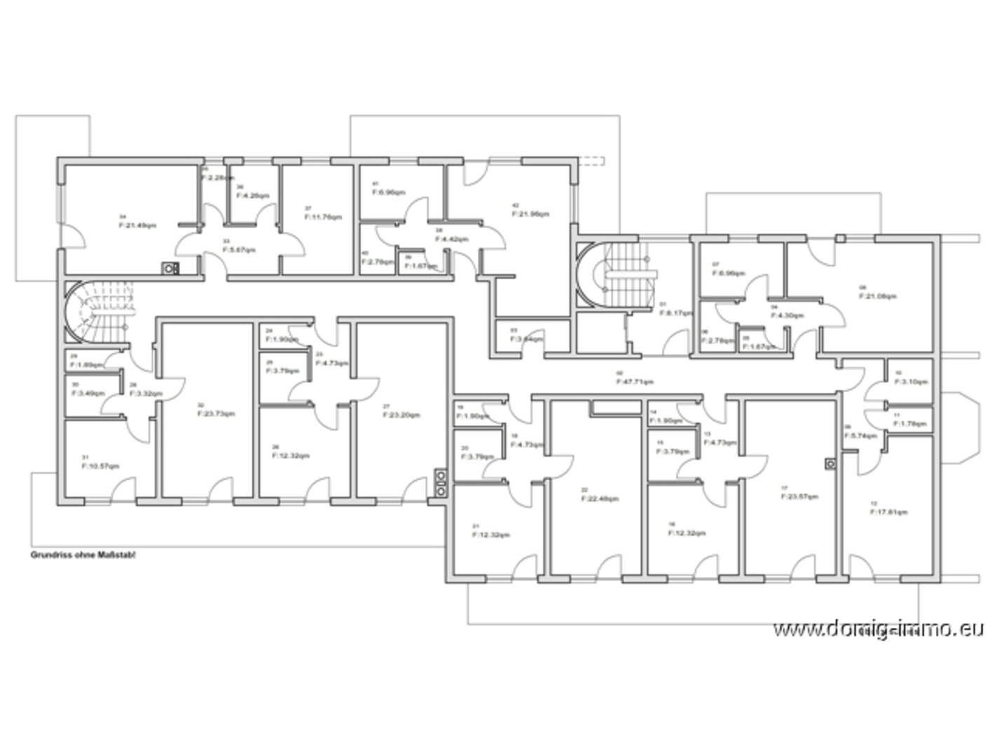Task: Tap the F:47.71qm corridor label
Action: tap(635, 382)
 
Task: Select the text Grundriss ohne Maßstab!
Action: tap(83, 554)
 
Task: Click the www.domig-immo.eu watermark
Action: tap(878, 629)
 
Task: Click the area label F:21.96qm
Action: tap(530, 214)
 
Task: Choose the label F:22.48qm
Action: tap(600, 499)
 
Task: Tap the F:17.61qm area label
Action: tap(888, 512)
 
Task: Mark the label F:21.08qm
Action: tap(877, 295)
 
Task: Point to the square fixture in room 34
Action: tap(170, 267)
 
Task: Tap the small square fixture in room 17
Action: tap(831, 463)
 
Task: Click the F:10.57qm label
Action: tap(100, 466)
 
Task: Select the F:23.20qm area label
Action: tap(401, 414)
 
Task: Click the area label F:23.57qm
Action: tap(799, 496)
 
